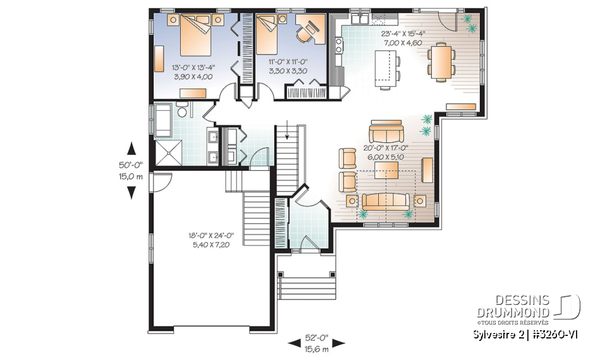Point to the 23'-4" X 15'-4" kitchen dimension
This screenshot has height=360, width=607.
pyautogui.click(x=403, y=34)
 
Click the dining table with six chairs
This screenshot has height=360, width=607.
pyautogui.click(x=440, y=59)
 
